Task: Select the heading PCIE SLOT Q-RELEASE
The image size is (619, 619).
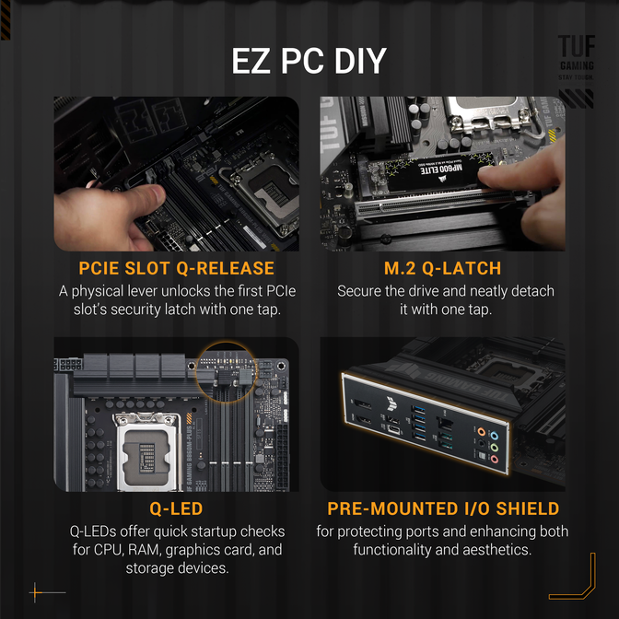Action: point(176,269)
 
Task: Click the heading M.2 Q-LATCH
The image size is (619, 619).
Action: point(442,269)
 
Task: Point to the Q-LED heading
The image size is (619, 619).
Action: point(176,508)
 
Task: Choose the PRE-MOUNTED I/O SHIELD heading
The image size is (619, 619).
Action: point(442,508)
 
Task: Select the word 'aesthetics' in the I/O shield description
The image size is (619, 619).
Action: point(498,550)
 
